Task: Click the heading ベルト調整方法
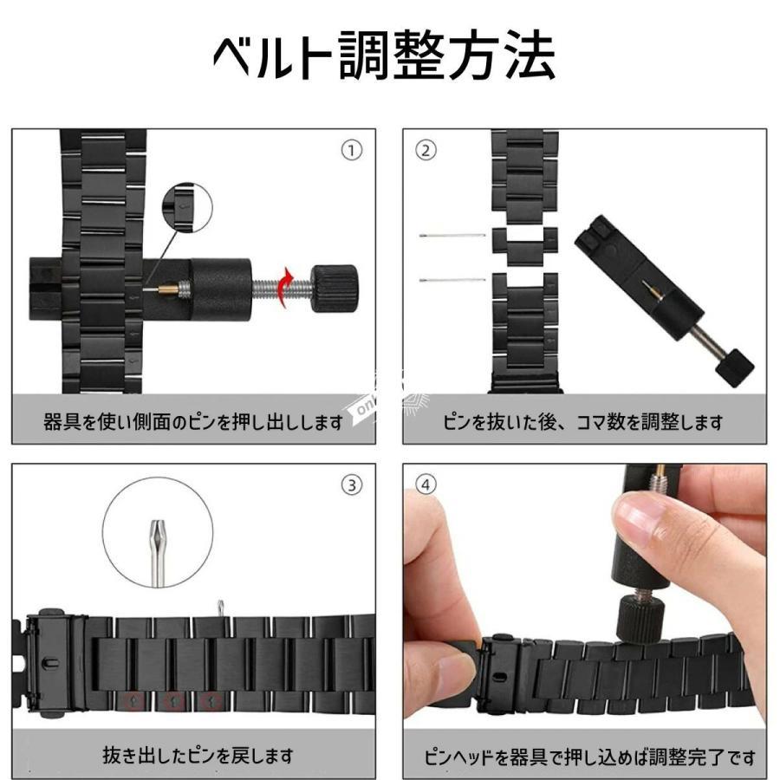tap(384, 55)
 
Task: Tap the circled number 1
tap(352, 150)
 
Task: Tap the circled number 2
tap(426, 150)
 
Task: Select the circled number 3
tap(352, 485)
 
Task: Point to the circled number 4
tap(426, 485)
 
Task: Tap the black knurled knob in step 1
tap(335, 289)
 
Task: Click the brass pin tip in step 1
tap(169, 288)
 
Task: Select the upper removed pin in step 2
tap(452, 235)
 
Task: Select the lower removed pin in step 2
tap(452, 280)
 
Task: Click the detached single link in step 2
tap(525, 246)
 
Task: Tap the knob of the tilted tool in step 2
tap(735, 368)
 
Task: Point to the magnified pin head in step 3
tap(159, 552)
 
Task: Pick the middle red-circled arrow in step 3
tap(173, 702)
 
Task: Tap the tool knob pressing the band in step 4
tap(641, 620)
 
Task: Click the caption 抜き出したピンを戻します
tap(198, 755)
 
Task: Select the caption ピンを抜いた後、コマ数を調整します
tap(582, 422)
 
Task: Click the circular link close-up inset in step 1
tap(187, 207)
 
